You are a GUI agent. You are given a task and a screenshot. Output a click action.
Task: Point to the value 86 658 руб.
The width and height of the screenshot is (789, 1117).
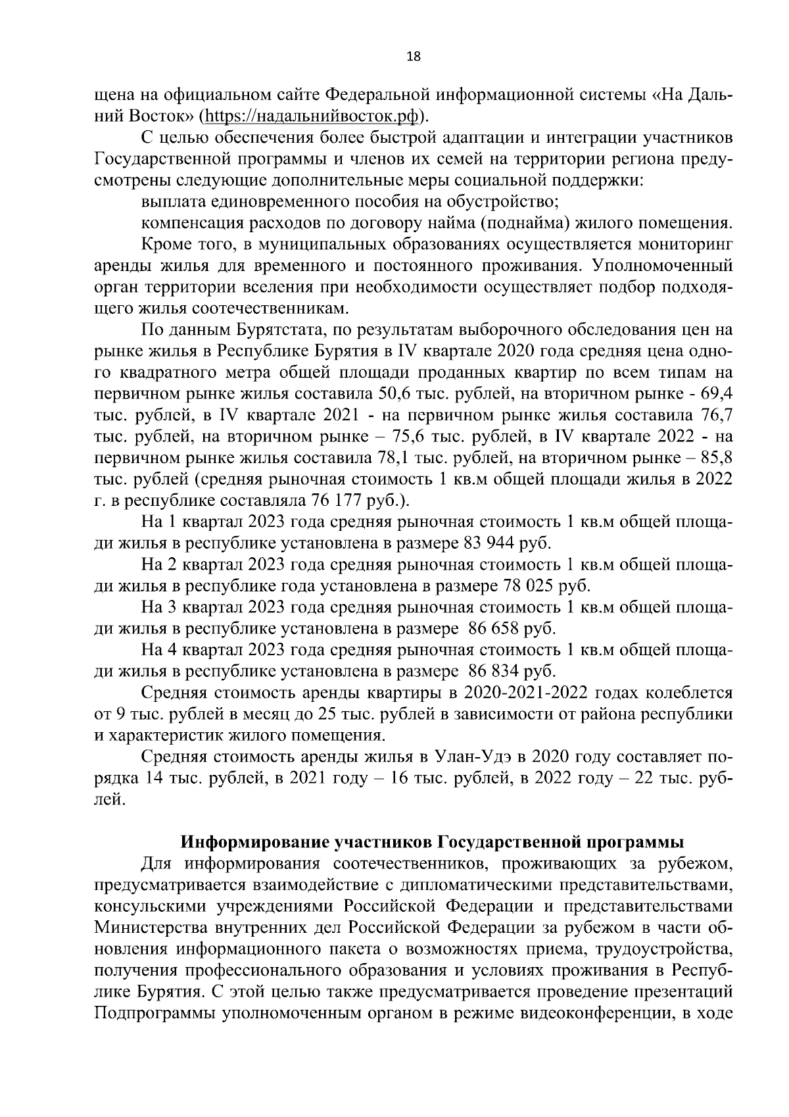tap(512, 628)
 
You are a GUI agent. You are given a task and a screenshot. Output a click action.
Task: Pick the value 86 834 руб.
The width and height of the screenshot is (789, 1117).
tap(512, 671)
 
